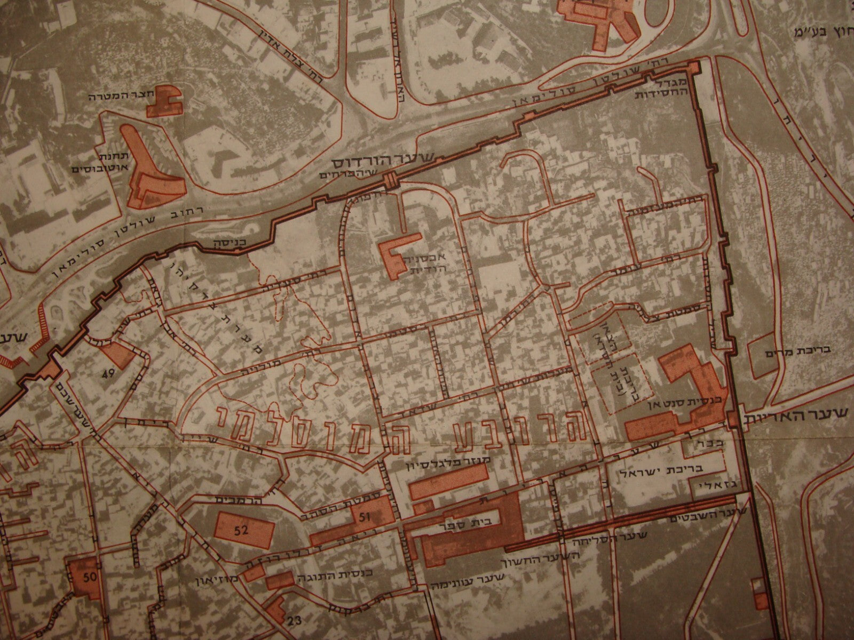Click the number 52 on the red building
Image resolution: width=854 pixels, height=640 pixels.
pyautogui.click(x=241, y=530)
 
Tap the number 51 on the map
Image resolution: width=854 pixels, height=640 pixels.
pyautogui.click(x=365, y=516)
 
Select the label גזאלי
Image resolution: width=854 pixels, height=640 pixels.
pyautogui.click(x=713, y=486)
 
